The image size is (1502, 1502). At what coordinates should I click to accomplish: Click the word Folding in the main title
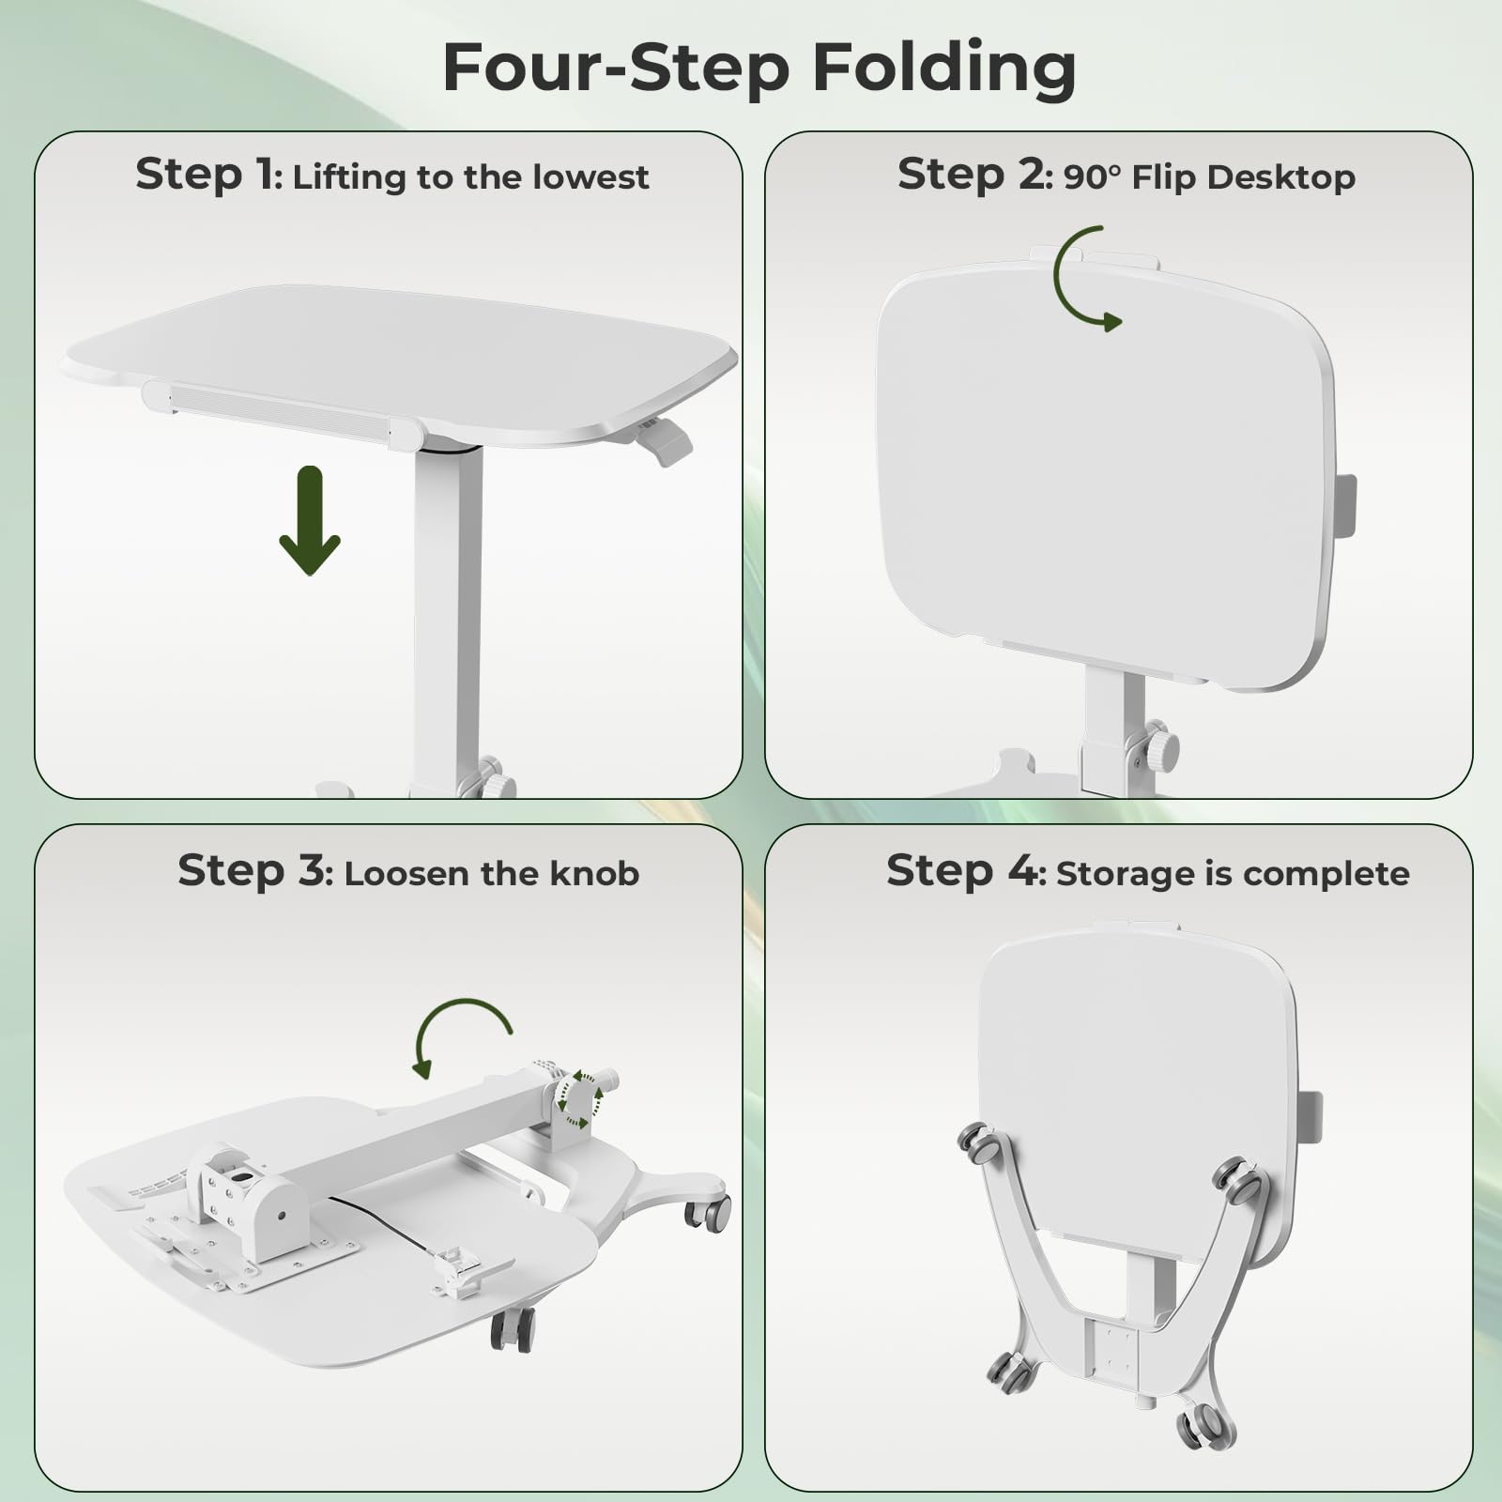(943, 69)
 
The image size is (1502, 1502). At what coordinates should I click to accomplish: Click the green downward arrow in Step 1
(310, 520)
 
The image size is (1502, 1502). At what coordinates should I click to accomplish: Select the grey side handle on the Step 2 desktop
(1344, 507)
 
